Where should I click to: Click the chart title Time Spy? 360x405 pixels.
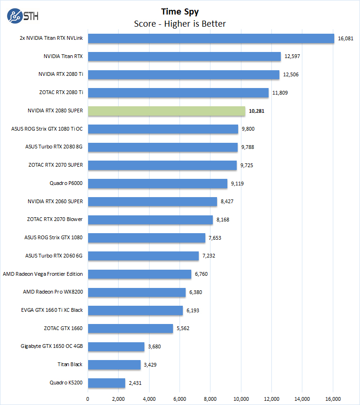pos(180,11)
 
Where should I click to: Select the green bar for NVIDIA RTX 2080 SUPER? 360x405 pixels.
pos(166,111)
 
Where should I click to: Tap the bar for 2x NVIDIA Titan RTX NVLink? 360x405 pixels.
pos(211,38)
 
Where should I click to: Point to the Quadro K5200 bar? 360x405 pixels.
pos(106,383)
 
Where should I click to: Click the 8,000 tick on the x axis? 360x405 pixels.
pos(210,399)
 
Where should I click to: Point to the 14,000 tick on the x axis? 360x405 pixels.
pos(302,399)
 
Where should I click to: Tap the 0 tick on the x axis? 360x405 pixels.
pos(88,399)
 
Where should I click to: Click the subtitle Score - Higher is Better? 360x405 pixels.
pos(180,23)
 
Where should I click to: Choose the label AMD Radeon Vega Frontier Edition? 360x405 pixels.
pos(43,274)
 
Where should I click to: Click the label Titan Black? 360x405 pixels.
pos(70,365)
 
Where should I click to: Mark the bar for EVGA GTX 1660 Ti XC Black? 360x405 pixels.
pos(135,310)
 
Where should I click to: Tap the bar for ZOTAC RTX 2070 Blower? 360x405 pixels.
pos(150,220)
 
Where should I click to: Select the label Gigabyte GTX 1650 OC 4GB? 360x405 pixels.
pos(52,346)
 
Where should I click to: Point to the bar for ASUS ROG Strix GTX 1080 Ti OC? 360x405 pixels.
pos(163,129)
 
